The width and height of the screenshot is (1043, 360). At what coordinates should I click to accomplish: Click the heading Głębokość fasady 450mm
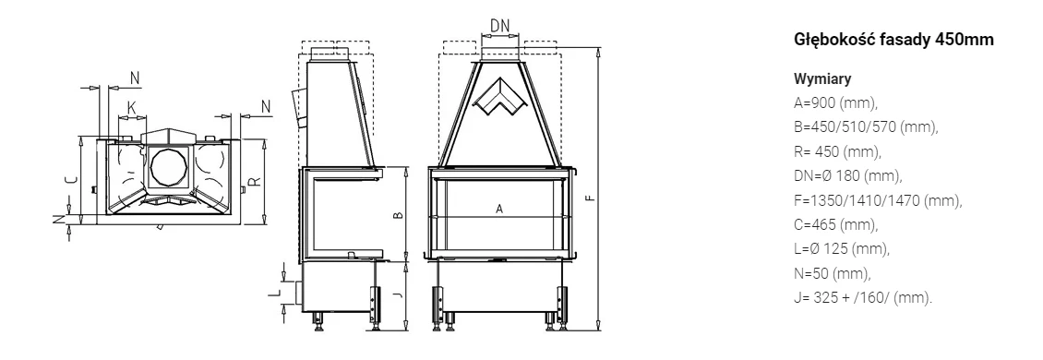tap(893, 40)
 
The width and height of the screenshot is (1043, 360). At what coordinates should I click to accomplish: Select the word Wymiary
tap(822, 79)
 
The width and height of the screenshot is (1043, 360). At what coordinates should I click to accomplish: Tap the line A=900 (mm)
tap(836, 103)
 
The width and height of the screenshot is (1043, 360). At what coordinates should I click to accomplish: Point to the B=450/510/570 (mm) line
tap(866, 127)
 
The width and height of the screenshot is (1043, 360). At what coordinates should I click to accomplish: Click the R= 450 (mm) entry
tap(837, 151)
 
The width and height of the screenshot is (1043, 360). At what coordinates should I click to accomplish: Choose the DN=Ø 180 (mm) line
tap(848, 175)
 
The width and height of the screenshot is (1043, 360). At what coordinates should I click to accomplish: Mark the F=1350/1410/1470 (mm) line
tap(878, 200)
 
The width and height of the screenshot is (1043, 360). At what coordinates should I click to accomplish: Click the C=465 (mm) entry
tap(836, 224)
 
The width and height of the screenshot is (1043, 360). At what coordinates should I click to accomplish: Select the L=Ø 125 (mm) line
tap(842, 249)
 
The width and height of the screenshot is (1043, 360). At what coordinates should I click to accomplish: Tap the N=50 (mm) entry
tap(833, 273)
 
